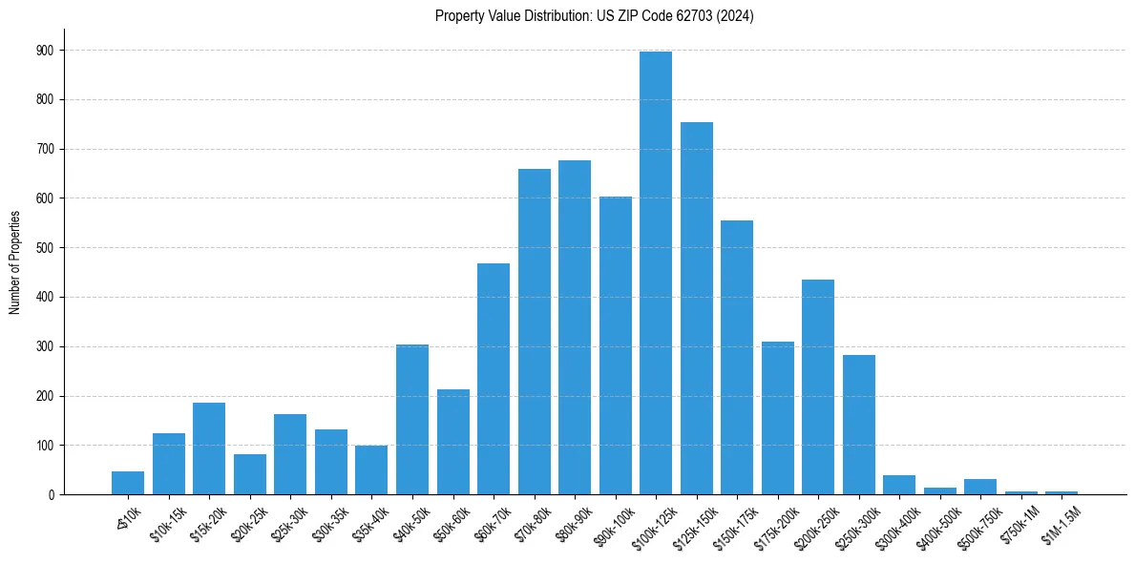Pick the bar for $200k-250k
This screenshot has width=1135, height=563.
817,386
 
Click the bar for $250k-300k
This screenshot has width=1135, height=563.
858,425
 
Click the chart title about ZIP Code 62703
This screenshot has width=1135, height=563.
594,16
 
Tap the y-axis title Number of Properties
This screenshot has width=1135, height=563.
14,262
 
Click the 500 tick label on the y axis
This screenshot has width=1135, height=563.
46,247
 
